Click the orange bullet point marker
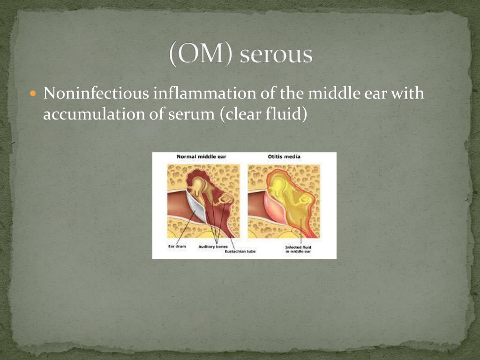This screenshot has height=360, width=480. (x=33, y=94)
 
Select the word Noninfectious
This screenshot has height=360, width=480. (x=96, y=94)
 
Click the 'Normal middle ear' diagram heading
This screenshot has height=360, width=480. (x=202, y=157)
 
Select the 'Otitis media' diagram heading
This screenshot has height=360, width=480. (x=284, y=157)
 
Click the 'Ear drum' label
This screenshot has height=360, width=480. (x=177, y=247)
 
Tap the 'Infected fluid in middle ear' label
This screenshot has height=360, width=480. (x=298, y=249)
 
